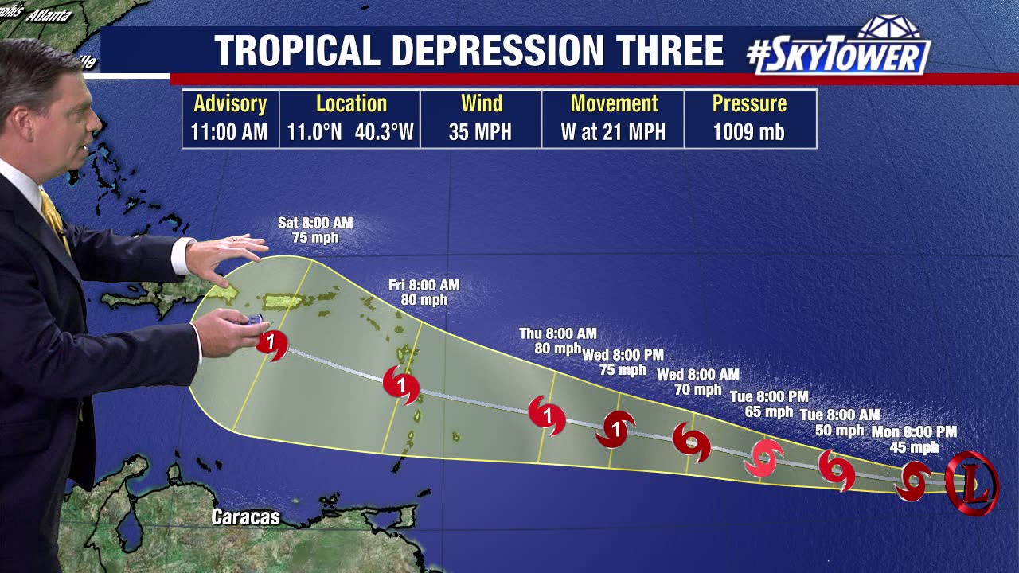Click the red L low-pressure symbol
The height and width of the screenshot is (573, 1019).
point(971,483)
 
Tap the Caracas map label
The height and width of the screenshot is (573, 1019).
point(245,517)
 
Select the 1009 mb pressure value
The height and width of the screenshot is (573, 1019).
point(748,132)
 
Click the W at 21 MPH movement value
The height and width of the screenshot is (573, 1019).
point(612,132)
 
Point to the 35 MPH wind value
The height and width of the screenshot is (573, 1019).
point(480,132)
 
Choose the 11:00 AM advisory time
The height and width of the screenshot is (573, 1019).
point(229,132)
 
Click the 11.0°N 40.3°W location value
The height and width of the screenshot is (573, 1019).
point(350,132)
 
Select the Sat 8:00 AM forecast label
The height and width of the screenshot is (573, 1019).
point(315,223)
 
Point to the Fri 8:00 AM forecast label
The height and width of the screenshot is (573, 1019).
point(424,285)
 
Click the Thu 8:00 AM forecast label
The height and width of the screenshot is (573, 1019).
point(557,333)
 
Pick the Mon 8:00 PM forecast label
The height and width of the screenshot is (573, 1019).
point(913,431)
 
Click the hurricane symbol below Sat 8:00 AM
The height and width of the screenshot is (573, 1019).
point(272,345)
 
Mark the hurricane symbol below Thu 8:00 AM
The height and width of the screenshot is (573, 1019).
point(547,415)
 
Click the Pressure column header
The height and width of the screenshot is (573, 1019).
point(748,103)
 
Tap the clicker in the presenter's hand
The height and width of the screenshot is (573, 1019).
point(254,320)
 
